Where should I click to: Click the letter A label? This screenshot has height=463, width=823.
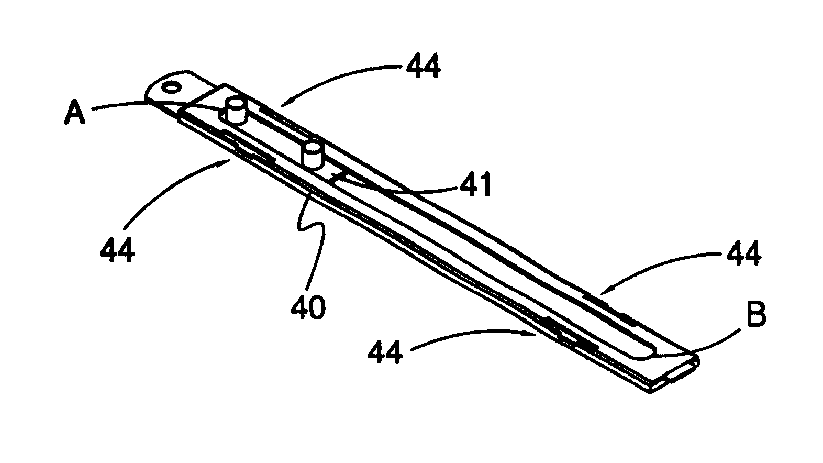click(x=75, y=113)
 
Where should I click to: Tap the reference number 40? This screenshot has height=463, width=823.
click(x=308, y=307)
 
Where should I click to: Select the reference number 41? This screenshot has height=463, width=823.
click(x=475, y=184)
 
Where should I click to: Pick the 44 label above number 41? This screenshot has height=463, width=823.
click(x=422, y=66)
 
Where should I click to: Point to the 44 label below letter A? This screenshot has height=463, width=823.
click(x=117, y=249)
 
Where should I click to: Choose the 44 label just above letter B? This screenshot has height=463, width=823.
click(x=743, y=253)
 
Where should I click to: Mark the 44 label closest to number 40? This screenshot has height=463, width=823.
click(x=385, y=351)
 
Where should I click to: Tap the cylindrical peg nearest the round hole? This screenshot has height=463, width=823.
click(x=235, y=110)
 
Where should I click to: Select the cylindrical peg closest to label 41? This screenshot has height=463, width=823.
click(x=311, y=156)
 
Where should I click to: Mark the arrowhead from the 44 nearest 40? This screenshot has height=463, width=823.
click(x=531, y=334)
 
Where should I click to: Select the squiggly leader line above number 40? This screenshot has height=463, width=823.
click(x=312, y=239)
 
